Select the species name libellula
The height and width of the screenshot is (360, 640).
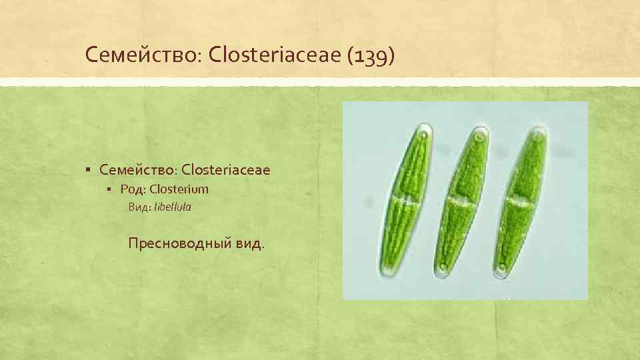point(173,207)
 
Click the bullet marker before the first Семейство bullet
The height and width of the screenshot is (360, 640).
point(89,171)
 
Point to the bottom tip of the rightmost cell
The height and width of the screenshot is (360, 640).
point(502,273)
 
